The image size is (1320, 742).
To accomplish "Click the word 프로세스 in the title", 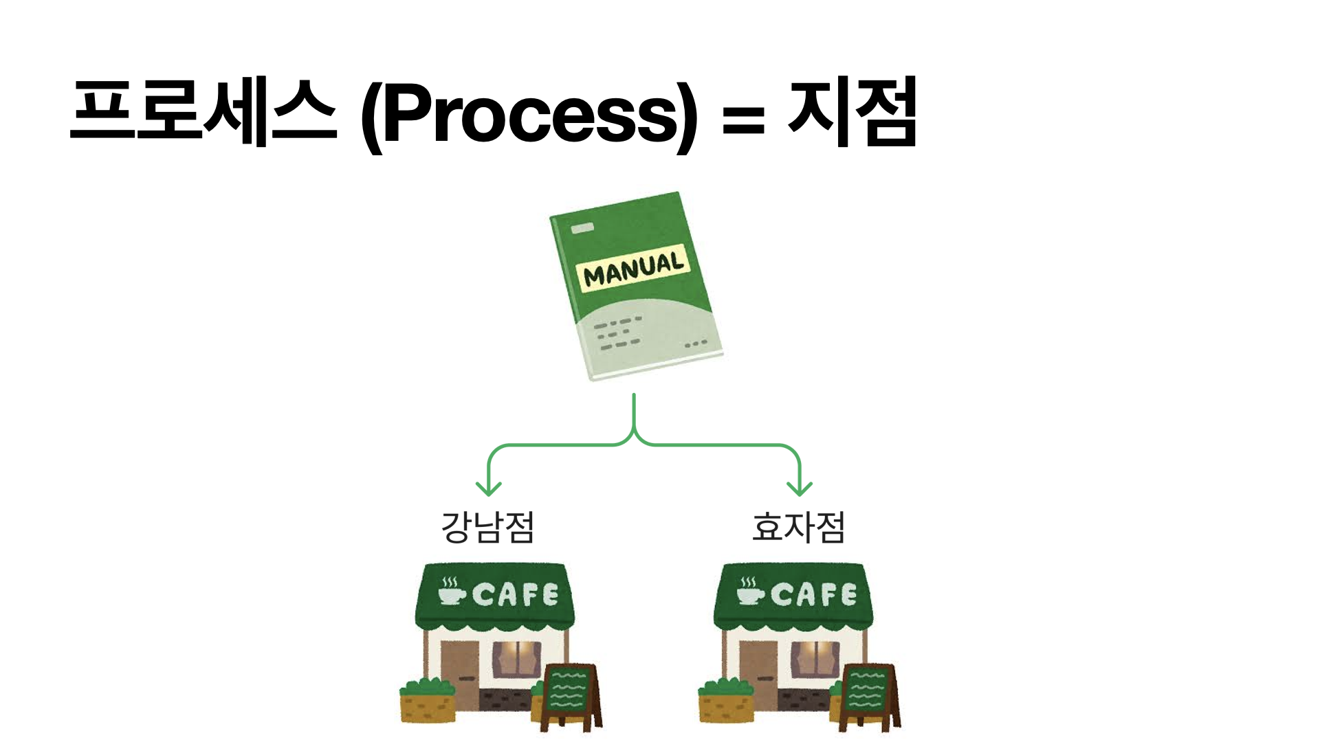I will [x=203, y=112].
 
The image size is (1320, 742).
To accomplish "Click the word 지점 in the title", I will [x=852, y=112].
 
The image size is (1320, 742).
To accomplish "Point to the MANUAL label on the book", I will [x=633, y=267].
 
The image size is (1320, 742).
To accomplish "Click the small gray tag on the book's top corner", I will [x=582, y=227].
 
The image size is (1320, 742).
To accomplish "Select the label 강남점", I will [x=487, y=528].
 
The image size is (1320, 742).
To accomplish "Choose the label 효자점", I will [x=798, y=528].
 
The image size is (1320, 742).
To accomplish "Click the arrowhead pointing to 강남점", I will [x=488, y=489].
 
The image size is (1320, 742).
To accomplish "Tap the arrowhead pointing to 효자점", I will [x=800, y=489].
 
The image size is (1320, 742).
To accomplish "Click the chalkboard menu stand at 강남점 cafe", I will [x=569, y=694].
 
